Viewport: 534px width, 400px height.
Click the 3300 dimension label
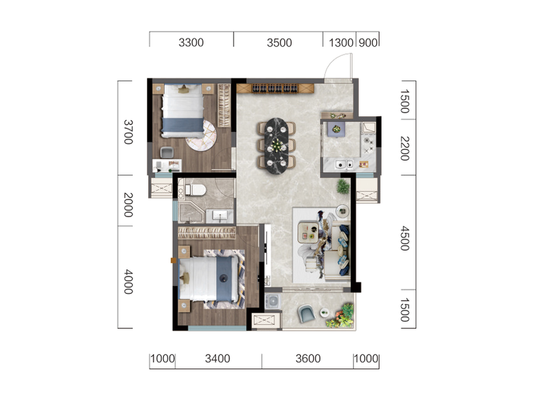point(191,43)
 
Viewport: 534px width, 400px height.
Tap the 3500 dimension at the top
point(279,43)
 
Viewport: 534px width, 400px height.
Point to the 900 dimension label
point(368,43)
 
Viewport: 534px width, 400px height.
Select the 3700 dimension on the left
point(129,132)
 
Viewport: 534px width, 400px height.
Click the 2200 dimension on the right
point(405,148)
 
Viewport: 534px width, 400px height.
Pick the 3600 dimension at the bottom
point(308,359)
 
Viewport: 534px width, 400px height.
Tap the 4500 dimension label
point(405,238)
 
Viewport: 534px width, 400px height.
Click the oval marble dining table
point(276,146)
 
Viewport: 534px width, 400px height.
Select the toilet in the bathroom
point(195,190)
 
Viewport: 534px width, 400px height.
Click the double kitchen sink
point(345,164)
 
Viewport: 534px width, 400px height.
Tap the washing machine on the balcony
point(273,301)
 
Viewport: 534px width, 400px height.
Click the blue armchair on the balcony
point(306,313)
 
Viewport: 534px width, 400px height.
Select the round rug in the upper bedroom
point(202,136)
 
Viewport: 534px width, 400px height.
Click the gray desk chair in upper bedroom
point(167,152)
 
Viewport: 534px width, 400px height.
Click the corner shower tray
point(191,213)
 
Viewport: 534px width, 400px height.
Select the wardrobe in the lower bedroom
point(207,232)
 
